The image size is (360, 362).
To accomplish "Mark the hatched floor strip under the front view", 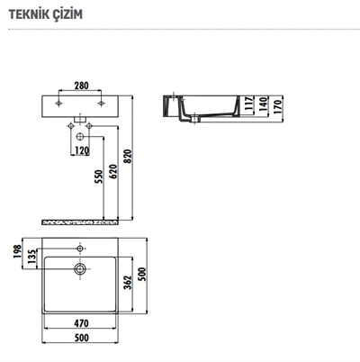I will point(81,221).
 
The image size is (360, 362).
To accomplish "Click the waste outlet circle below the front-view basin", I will point(81,136).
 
